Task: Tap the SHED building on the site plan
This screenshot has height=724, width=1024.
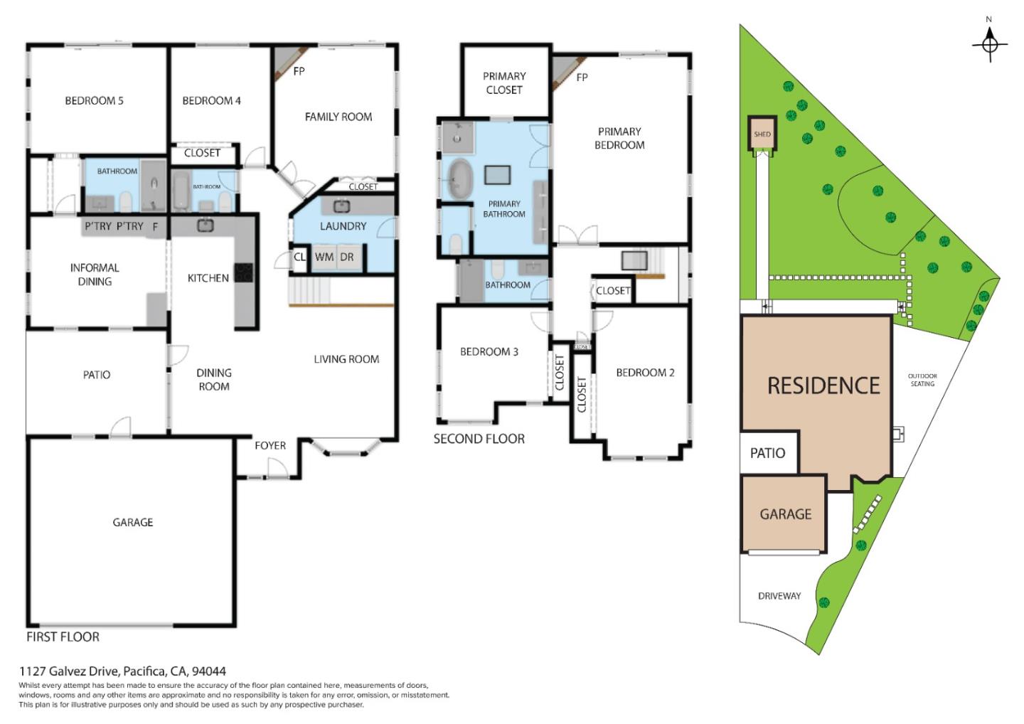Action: coord(762,133)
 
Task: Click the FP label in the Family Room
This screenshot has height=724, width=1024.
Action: coord(299,71)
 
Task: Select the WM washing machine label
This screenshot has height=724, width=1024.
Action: coord(324,257)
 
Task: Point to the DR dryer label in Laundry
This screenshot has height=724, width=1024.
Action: coord(347,257)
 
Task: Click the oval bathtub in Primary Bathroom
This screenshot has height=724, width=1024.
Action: coord(460,179)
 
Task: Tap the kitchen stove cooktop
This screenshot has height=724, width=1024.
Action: coord(243,272)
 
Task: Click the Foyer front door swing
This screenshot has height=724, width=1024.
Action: coord(277,468)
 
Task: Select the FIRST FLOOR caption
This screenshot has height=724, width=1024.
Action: coord(63,637)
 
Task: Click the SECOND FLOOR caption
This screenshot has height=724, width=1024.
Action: coord(479,439)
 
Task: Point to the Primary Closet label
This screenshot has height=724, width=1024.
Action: coord(504,83)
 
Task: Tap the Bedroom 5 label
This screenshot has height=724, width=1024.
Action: coord(94,100)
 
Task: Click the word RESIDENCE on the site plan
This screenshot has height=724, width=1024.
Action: coord(823,385)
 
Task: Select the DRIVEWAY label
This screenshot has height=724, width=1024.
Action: coord(779,596)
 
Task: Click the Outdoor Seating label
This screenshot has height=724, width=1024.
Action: coord(922,380)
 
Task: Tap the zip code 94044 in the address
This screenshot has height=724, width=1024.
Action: coord(209,671)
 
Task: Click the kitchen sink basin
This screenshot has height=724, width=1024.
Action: coord(206,225)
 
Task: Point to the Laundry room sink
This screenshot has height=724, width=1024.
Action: coord(341,206)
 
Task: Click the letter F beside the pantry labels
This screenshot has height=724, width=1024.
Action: coord(156,226)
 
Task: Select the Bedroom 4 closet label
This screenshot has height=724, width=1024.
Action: coord(202,153)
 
